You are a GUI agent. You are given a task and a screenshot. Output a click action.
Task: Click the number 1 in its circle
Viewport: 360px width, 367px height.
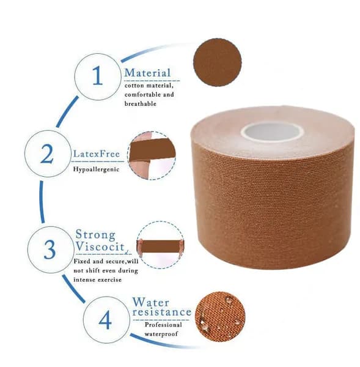tap(98, 75)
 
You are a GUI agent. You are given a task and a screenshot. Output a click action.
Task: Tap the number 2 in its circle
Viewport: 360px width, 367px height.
tap(47, 154)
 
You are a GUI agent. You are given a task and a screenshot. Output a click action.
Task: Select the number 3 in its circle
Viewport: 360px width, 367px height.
tap(50, 250)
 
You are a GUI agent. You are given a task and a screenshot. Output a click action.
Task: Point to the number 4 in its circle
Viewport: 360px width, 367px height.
tap(105, 320)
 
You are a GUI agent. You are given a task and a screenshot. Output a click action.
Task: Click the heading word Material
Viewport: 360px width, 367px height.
tap(147, 73)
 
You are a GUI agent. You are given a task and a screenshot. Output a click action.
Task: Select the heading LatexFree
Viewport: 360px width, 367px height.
tap(97, 154)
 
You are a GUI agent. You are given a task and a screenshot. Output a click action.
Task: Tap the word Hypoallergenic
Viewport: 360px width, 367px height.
tap(96, 169)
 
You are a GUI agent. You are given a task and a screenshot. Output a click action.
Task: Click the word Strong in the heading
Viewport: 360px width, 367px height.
tap(95, 234)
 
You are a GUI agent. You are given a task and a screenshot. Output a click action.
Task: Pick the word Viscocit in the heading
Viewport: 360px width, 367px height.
tap(100, 247)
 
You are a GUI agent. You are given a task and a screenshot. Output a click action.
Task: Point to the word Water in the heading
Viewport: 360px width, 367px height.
tap(150, 302)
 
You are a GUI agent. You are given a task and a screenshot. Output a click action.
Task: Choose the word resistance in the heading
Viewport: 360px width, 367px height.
tap(162, 312)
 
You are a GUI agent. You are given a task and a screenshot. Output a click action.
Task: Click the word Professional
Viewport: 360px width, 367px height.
tap(163, 325)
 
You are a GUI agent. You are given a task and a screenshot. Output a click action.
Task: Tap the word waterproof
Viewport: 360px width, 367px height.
tap(161, 334)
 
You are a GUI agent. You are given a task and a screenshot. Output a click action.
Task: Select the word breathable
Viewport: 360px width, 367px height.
tap(141, 103)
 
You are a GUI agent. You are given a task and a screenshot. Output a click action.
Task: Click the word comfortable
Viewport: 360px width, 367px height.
tap(144, 95)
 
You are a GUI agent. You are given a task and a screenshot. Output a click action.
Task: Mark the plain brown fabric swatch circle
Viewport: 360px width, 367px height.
tap(218, 62)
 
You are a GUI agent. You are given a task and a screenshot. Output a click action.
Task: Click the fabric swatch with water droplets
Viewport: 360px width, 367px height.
tap(220, 316)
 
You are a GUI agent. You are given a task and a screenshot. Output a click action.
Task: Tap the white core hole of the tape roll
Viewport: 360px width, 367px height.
tap(272, 132)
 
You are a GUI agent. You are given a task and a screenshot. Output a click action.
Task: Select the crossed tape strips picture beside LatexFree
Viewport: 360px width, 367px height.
tap(152, 155)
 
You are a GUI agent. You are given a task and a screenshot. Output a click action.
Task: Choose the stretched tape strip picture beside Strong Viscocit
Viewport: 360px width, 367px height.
tap(160, 245)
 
